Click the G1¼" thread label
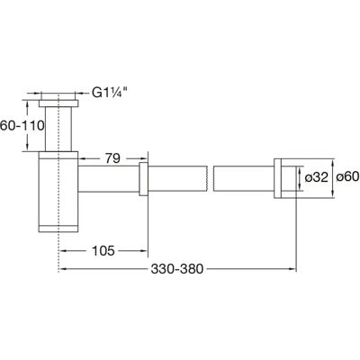tap(108, 93)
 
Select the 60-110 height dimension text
tap(22, 125)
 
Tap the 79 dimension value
tap(112, 158)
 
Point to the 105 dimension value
tap(103, 250)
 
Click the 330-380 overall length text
tap(177, 269)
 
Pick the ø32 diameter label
tap(317, 177)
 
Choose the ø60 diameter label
tap(348, 177)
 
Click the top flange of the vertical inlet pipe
tap(58, 103)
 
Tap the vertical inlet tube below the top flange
tap(58, 129)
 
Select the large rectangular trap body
tap(58, 192)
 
